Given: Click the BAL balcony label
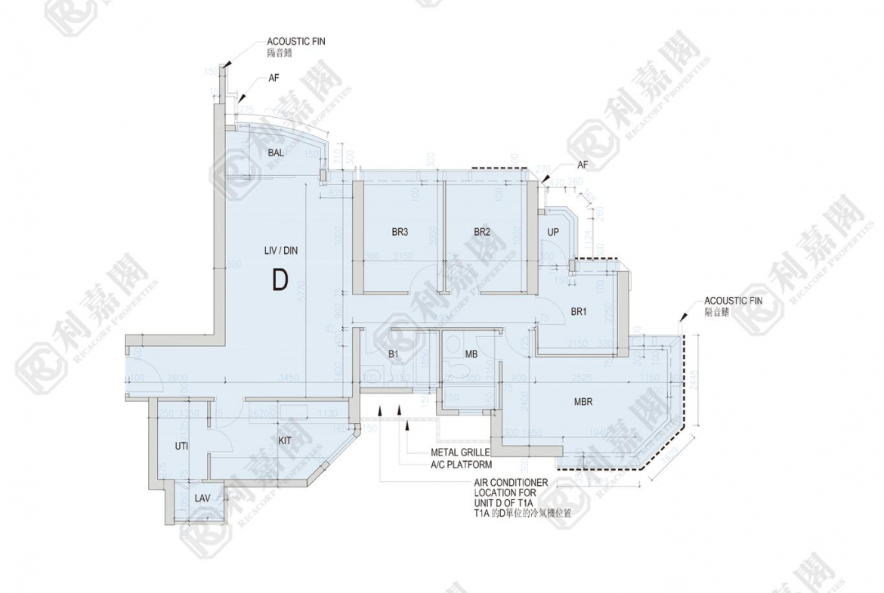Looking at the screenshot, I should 275,153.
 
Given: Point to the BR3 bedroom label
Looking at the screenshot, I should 400,232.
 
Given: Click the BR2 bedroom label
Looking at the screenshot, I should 482,232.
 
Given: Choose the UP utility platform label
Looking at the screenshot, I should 553,232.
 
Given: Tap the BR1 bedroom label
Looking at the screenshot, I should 579,311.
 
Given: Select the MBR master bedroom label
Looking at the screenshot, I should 583,402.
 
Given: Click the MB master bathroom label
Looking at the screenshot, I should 471,354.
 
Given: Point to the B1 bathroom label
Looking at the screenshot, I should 394,354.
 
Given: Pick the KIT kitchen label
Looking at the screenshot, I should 285,440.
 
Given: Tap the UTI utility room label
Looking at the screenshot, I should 181,446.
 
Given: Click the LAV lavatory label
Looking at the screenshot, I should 202,499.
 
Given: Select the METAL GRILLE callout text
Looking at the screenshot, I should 460,452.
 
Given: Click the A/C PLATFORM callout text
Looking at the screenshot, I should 461,465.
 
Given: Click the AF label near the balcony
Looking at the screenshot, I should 274,78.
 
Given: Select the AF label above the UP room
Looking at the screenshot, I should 582,164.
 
